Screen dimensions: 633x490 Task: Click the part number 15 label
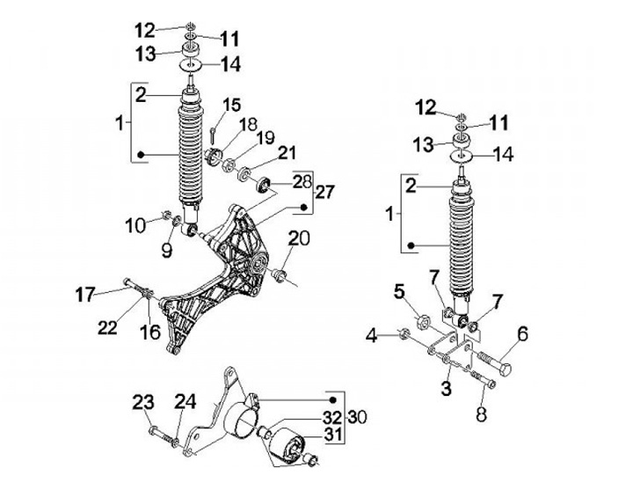pyautogui.click(x=232, y=106)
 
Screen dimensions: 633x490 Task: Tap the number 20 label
pyautogui.click(x=299, y=238)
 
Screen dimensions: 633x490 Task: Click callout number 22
pyautogui.click(x=106, y=328)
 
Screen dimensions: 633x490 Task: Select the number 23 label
pyautogui.click(x=144, y=404)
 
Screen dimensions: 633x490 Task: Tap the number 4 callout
pyautogui.click(x=372, y=334)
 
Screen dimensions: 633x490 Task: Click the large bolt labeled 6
pyautogui.click(x=496, y=360)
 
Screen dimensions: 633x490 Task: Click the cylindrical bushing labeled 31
pyautogui.click(x=287, y=443)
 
